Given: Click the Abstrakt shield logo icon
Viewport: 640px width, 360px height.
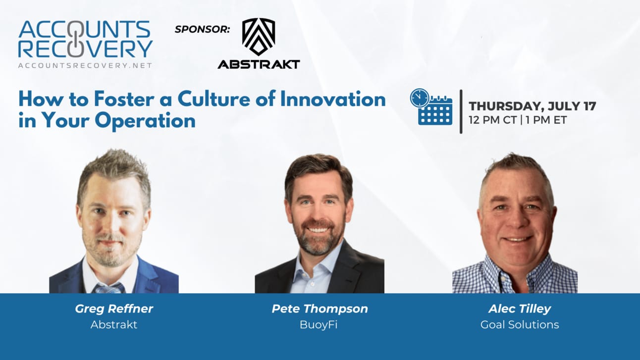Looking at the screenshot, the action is tap(259, 37).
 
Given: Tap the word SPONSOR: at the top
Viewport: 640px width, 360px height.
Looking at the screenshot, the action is tap(202, 29).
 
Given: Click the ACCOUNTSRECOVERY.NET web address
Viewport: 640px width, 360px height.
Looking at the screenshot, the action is tap(85, 66).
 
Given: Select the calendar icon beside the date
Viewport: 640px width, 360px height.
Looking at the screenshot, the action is tap(431, 106).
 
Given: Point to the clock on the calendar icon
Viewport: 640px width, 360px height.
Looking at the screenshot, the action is tap(420, 98).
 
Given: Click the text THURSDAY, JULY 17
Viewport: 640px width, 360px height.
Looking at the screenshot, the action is tap(533, 106).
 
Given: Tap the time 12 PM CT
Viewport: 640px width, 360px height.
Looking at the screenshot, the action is tap(493, 120).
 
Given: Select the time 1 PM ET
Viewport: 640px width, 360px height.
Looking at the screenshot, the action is tap(546, 120).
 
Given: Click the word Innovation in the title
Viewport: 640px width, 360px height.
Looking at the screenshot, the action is tap(333, 99).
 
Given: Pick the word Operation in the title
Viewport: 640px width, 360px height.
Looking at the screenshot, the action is tap(145, 121).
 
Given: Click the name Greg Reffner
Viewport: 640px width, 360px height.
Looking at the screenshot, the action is tap(114, 309).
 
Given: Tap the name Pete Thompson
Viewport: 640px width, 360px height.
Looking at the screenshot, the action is tap(320, 309).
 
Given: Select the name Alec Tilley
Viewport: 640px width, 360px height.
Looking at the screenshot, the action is tap(520, 309).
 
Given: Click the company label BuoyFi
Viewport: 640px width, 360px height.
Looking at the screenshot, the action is tap(319, 325).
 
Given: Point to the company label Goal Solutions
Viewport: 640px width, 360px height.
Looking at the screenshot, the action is tap(520, 324).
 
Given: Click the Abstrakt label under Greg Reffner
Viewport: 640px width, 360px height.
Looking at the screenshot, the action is tap(114, 324).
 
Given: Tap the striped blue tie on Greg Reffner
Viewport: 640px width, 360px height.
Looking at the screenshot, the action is tap(109, 288).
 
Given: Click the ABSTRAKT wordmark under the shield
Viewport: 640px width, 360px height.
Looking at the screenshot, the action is tap(259, 64).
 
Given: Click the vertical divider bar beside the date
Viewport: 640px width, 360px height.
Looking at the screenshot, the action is tap(461, 111).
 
